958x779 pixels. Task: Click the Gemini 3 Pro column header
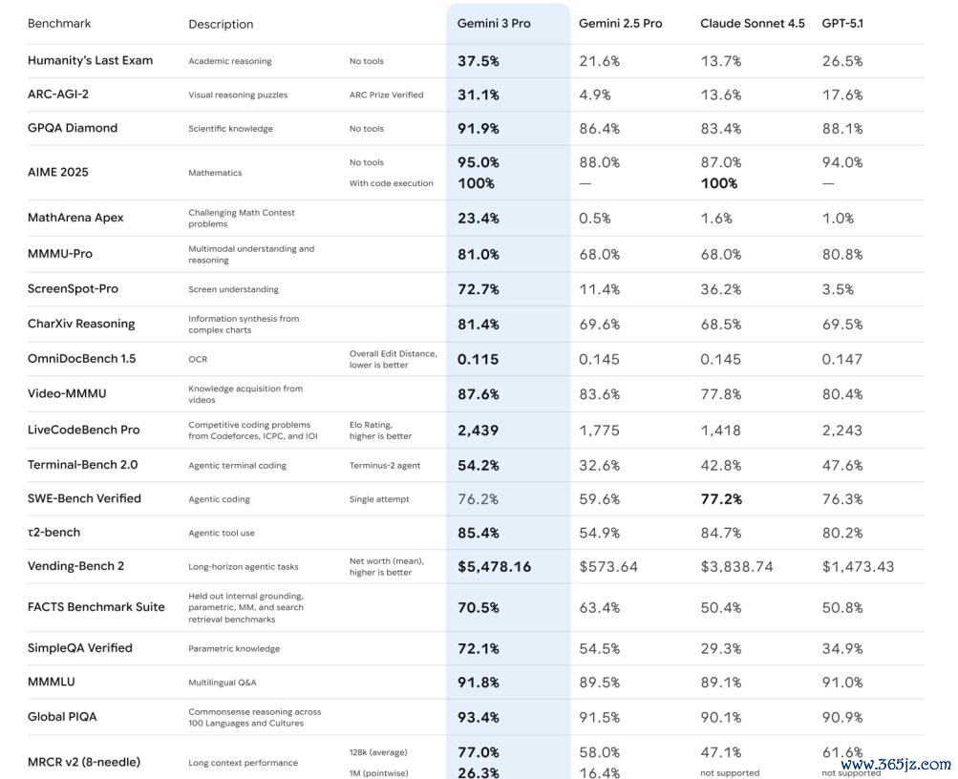(494, 23)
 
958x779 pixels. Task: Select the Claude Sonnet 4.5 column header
(752, 23)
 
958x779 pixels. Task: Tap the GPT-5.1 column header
(842, 23)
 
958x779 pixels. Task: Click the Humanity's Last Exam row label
(90, 60)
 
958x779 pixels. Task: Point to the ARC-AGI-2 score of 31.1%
(478, 95)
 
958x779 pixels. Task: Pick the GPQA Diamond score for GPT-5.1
(841, 128)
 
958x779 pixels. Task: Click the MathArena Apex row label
(75, 218)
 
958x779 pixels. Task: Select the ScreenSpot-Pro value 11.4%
(599, 289)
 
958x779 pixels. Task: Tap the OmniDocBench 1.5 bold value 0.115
(479, 359)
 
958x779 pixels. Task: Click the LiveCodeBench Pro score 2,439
(478, 431)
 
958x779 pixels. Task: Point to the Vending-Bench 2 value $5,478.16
(494, 566)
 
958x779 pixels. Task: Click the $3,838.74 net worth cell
(736, 566)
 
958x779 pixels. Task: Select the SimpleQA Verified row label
(80, 648)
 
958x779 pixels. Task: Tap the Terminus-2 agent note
(385, 466)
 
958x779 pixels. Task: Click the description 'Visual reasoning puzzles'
(238, 95)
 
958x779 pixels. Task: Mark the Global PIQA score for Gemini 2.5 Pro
(599, 717)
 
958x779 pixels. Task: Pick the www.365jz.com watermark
(895, 765)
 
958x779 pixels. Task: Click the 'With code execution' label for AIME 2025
(391, 183)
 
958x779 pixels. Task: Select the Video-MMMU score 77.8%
(720, 394)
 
